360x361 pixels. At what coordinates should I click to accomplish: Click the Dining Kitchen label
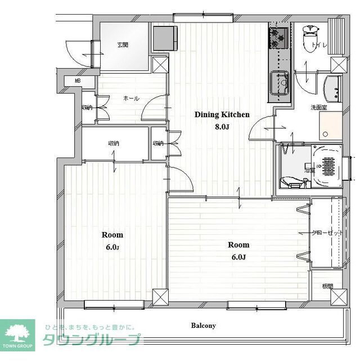(222, 114)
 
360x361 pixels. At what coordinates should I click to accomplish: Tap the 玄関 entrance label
(123, 45)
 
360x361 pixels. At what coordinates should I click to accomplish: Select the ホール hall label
(131, 99)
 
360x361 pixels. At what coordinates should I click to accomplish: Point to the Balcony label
(203, 326)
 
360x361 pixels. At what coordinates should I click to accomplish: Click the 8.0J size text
(222, 127)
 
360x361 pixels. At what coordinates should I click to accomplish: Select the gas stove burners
(278, 37)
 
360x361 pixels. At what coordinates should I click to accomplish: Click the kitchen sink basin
(279, 85)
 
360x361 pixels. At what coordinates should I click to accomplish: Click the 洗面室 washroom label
(319, 107)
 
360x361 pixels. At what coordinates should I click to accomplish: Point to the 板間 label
(327, 286)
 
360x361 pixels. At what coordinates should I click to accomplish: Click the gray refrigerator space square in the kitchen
(165, 38)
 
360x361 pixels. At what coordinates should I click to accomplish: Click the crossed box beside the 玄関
(160, 64)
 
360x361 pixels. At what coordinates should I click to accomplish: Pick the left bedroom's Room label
(112, 235)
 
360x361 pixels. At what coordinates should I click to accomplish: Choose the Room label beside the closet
(238, 245)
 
